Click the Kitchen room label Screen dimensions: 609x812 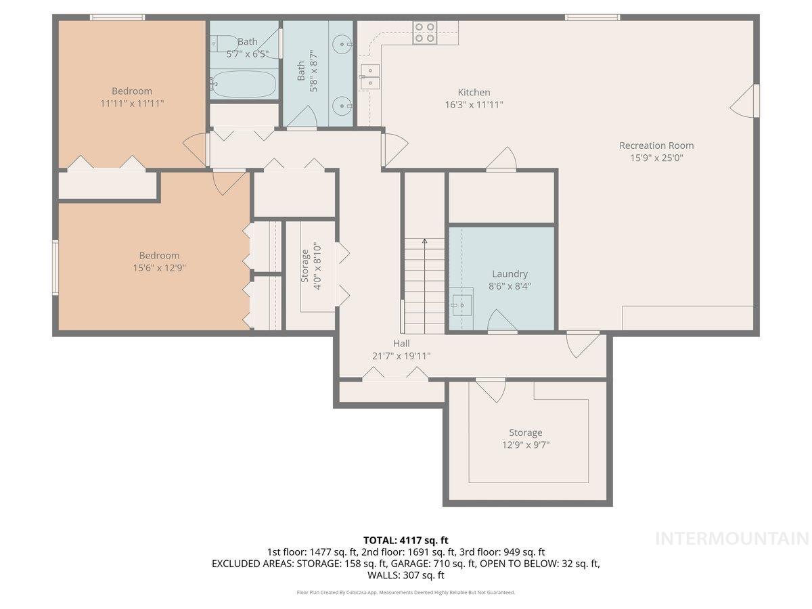[474, 93]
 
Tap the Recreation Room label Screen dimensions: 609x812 [656, 145]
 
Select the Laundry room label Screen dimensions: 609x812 [510, 274]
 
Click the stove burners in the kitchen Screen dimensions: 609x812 [425, 32]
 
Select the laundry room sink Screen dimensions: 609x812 [461, 302]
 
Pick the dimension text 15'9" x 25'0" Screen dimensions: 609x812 [656, 158]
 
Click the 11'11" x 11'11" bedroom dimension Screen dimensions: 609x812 [131, 104]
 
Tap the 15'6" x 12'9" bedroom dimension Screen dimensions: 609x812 [159, 268]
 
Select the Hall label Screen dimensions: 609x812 [401, 344]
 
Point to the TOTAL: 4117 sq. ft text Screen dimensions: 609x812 [405, 540]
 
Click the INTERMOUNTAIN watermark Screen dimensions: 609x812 [732, 539]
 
